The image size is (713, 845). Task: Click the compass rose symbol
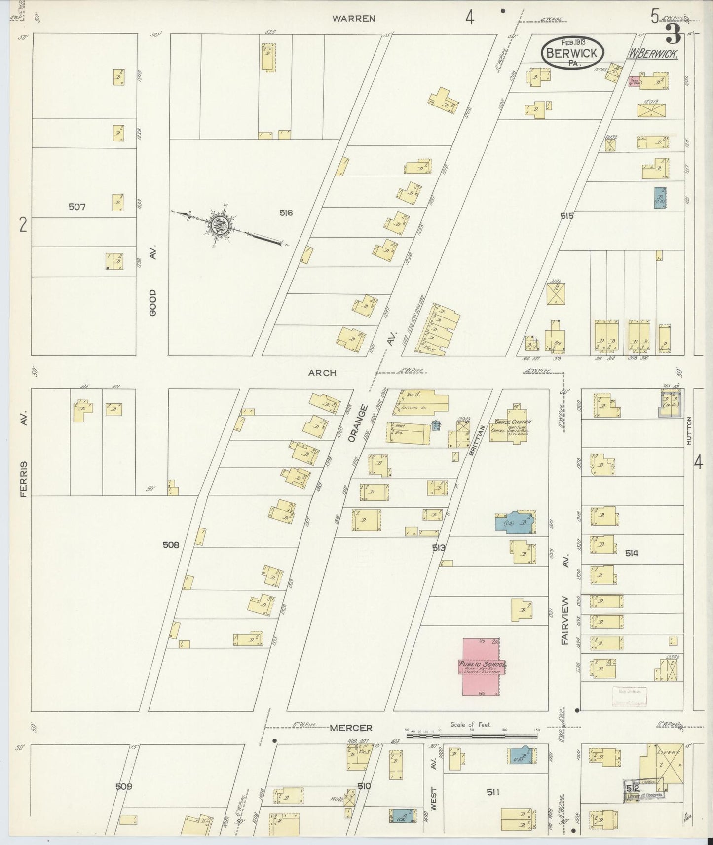tap(219, 226)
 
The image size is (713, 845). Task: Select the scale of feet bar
tap(472, 735)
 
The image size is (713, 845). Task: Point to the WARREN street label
tap(354, 19)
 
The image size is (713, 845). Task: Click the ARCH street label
tap(322, 373)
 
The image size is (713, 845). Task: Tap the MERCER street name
tap(350, 728)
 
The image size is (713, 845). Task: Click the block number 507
tap(77, 207)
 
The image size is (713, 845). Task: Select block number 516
tap(286, 213)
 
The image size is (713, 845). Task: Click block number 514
tap(632, 553)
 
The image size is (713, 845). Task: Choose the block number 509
tap(124, 786)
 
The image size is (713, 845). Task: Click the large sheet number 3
tap(673, 35)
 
